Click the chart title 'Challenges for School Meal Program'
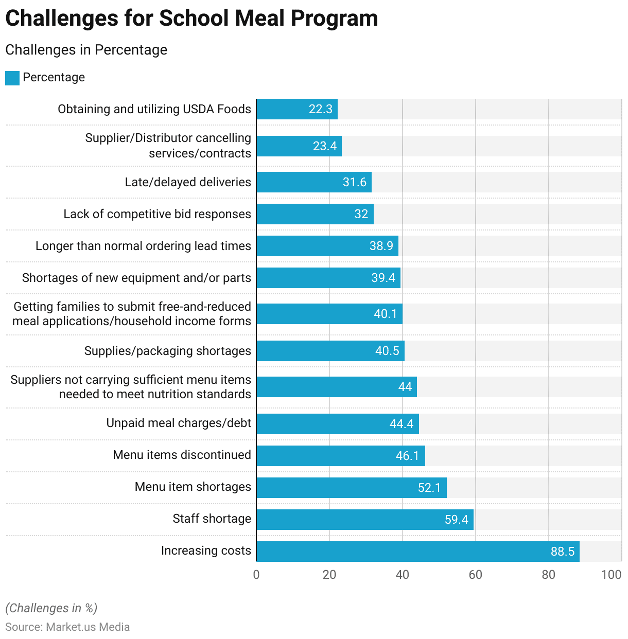tap(191, 19)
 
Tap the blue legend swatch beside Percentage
tap(12, 78)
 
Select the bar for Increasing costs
tap(417, 552)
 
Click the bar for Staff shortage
tap(364, 520)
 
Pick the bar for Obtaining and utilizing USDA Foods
tap(296, 109)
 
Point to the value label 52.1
tap(429, 488)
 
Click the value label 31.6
tap(355, 182)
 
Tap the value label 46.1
tap(407, 456)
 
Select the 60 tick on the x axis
tap(475, 575)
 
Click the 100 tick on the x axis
tap(611, 575)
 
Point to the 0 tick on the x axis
tap(256, 575)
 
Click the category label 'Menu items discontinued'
tap(182, 455)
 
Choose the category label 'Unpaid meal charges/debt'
tap(179, 423)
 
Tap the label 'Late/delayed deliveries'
tap(188, 182)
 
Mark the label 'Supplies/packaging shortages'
tap(168, 351)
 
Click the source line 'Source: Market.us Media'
tap(67, 627)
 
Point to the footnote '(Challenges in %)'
tap(51, 608)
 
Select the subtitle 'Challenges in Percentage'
tap(86, 50)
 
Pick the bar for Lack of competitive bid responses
tap(315, 214)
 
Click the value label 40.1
tap(386, 314)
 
